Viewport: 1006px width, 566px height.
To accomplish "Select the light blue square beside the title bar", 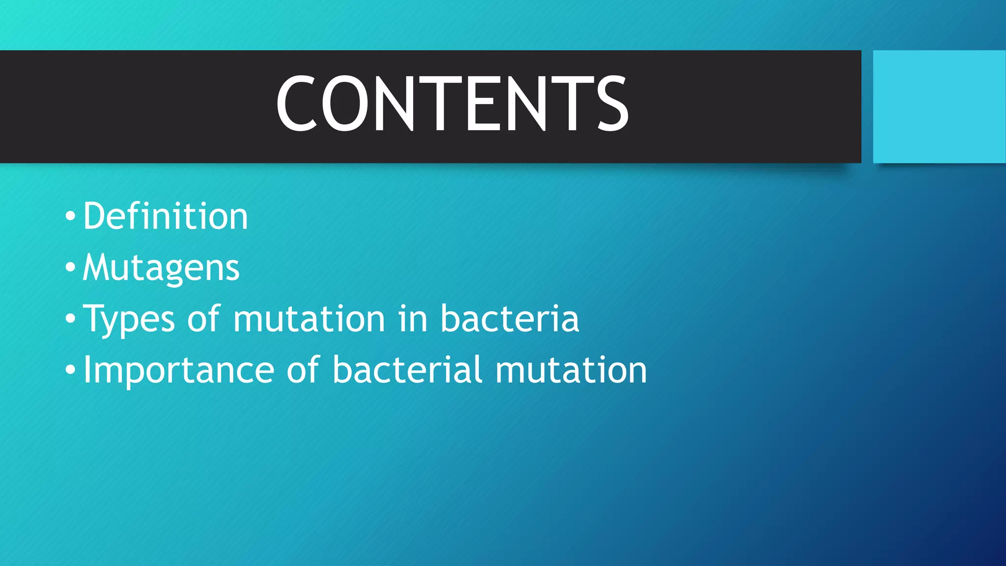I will (x=939, y=107).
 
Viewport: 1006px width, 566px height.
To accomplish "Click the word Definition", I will (x=166, y=216).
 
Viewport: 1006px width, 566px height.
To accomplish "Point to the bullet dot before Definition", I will (x=70, y=216).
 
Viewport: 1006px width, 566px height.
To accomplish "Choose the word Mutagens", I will (x=161, y=268).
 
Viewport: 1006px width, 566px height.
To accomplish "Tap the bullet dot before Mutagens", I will (x=70, y=267).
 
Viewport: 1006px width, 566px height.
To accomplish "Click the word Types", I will (x=129, y=319).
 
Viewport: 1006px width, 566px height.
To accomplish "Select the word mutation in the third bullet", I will (x=308, y=319).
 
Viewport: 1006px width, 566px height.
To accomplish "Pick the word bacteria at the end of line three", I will (x=509, y=319).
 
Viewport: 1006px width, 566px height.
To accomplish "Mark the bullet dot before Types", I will (x=70, y=318).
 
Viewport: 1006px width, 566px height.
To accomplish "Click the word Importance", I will (x=179, y=370).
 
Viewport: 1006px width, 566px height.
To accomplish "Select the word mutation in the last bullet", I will (x=571, y=369).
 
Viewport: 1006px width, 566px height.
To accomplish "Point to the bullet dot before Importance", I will (x=70, y=369).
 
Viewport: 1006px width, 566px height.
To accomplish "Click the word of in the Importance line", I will (x=303, y=369).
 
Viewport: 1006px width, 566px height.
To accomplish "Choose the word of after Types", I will (x=203, y=319).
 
